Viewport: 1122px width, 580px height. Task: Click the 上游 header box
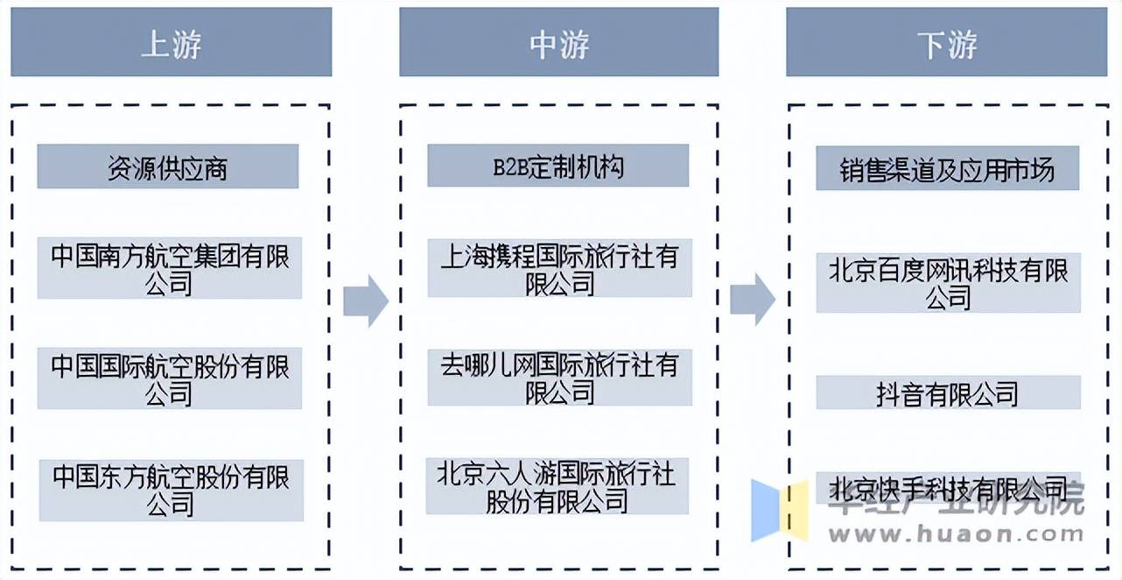point(171,42)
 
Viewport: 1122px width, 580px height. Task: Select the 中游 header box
point(558,42)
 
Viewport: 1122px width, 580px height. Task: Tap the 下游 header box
point(947,42)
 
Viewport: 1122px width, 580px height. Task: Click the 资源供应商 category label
point(167,166)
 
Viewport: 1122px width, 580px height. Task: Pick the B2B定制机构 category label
point(557,166)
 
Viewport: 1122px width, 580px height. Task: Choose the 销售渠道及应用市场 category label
point(947,168)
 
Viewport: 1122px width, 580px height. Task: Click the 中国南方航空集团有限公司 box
point(169,268)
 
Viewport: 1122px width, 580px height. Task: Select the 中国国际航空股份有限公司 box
point(169,378)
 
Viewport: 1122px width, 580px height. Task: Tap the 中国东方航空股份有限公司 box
point(170,489)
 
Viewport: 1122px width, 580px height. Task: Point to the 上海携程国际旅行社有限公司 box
point(559,267)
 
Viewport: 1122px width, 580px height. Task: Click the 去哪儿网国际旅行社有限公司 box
point(559,378)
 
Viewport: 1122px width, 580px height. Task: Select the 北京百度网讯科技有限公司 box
point(948,283)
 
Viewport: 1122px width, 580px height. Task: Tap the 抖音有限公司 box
point(948,393)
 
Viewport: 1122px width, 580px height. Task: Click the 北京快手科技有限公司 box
point(948,486)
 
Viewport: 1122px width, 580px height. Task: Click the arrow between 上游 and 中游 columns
point(365,301)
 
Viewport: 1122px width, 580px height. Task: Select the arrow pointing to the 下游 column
point(753,299)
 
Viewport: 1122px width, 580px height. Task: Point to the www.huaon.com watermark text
point(955,532)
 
